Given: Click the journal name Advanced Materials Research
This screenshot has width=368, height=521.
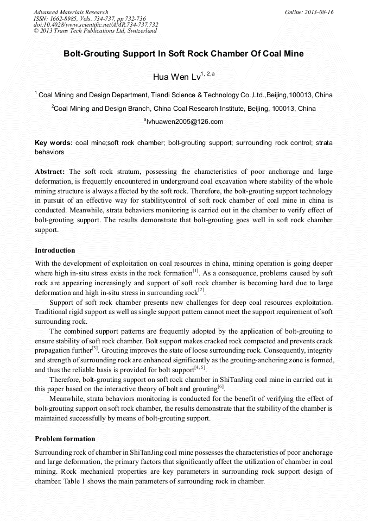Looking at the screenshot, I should click(71, 12).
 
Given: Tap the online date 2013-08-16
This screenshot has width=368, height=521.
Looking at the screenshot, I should click(319, 12).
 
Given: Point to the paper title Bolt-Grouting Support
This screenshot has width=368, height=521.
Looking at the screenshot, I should click(183, 54).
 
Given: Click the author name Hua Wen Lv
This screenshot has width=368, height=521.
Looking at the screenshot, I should click(176, 77).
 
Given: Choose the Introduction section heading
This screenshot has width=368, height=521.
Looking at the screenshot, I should click(55, 250).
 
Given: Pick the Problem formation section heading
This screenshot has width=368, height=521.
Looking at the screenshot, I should click(65, 438).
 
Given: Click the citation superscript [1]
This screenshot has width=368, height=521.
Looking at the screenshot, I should click(196, 271).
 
